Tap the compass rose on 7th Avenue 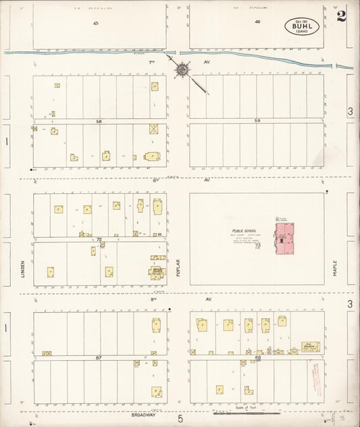click(x=182, y=70)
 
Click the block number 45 click(x=97, y=23)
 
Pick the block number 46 click(x=258, y=23)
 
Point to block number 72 click(x=99, y=239)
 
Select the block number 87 click(x=99, y=355)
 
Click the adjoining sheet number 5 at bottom click(x=180, y=419)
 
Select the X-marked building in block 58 click(x=155, y=128)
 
